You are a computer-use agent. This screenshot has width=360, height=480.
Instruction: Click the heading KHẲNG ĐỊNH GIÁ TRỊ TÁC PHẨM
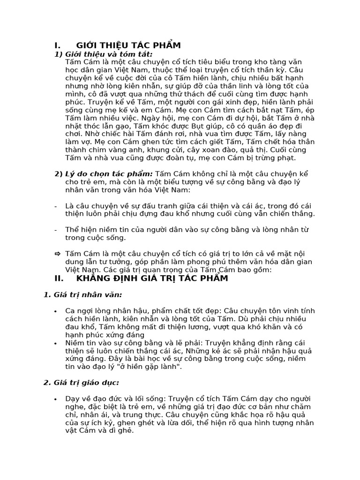pos(152,278)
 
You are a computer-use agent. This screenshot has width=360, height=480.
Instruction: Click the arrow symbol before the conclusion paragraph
pos(57,254)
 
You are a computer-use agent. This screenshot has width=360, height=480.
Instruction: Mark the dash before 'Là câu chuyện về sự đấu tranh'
pos(56,206)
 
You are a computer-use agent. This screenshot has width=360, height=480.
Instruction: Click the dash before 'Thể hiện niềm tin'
pos(56,230)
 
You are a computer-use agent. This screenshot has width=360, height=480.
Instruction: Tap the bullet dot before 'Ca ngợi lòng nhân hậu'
pos(56,311)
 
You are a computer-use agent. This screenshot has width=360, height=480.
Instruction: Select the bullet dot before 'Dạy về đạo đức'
pos(56,399)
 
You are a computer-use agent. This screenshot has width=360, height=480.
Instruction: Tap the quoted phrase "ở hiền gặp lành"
pos(151,366)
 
